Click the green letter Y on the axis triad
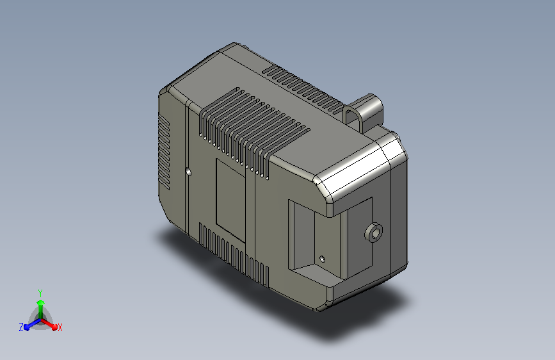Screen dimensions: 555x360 (x=40, y=293)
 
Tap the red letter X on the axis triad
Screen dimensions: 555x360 (x=60, y=327)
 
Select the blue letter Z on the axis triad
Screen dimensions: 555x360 (x=21, y=327)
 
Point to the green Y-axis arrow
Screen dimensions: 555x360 (x=41, y=309)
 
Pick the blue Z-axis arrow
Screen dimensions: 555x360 (x=33, y=324)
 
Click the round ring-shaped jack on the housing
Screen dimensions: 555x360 (x=373, y=233)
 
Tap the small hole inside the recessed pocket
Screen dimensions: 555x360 (x=322, y=259)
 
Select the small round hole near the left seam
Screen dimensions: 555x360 (x=188, y=172)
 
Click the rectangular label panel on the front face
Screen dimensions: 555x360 (x=230, y=200)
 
